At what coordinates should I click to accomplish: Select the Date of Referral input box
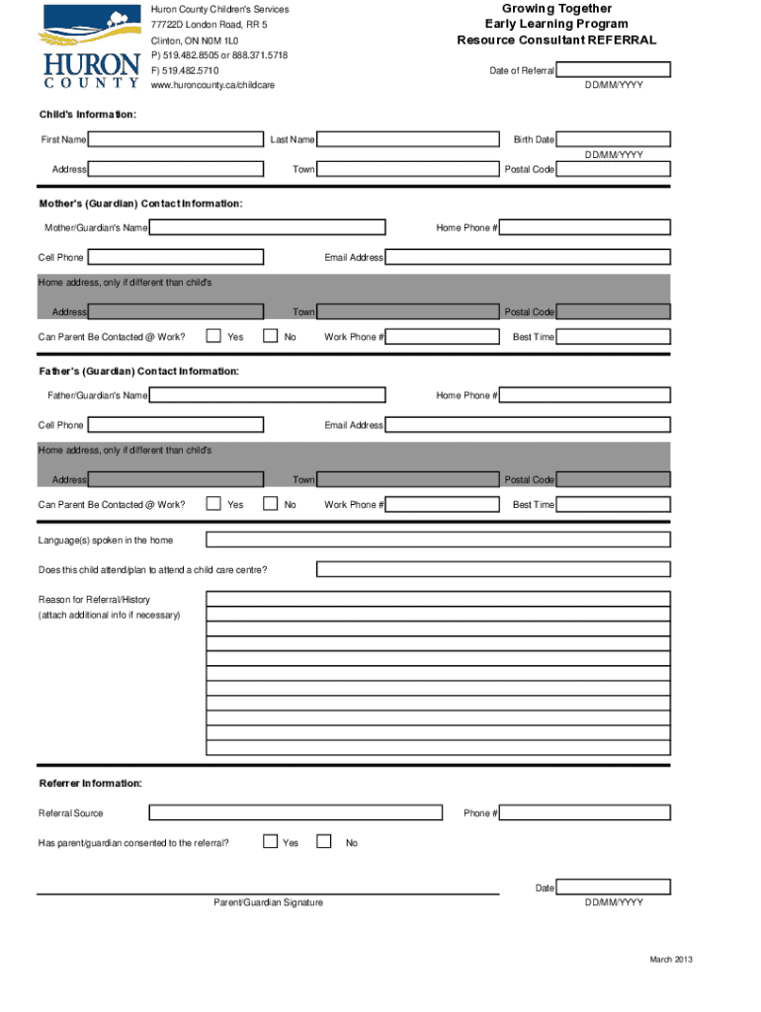pos(613,70)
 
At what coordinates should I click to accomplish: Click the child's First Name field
pos(175,140)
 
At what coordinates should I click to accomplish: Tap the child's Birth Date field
pos(613,140)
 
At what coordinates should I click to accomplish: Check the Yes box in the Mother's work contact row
pos(213,336)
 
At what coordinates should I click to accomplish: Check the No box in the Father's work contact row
pos(270,504)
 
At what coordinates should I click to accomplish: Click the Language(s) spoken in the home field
pos(437,541)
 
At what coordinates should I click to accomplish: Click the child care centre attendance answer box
pos(493,570)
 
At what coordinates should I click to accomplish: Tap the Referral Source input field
pos(296,813)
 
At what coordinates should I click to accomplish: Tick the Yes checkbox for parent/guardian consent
pos(270,842)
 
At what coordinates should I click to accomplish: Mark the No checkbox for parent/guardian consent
pos(324,842)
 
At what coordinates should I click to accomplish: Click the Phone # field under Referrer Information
pos(584,813)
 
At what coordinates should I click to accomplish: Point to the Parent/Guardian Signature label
pos(268,902)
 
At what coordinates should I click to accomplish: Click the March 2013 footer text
pos(670,961)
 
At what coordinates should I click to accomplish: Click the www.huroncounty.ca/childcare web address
pos(212,86)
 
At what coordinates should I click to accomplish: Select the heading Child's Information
pos(87,116)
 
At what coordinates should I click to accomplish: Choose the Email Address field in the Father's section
pos(527,425)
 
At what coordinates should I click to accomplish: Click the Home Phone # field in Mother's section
pos(584,228)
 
